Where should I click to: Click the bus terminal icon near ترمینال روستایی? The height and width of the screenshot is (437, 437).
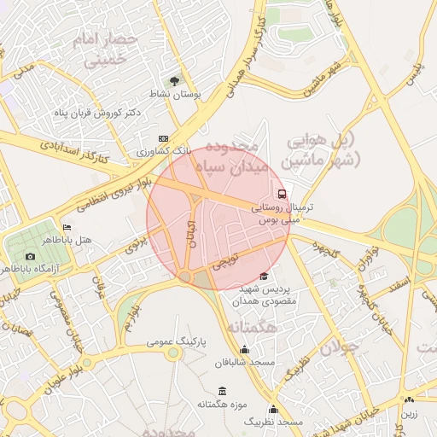tap(282, 193)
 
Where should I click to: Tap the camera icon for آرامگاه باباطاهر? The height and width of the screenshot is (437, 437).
tap(31, 256)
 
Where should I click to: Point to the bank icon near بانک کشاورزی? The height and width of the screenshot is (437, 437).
tap(164, 138)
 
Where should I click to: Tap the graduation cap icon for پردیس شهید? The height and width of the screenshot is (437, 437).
tap(263, 276)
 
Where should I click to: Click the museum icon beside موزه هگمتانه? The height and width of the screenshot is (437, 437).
tap(223, 390)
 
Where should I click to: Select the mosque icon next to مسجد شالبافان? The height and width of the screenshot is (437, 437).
tap(245, 349)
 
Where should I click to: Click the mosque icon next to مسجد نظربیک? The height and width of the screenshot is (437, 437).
tap(273, 409)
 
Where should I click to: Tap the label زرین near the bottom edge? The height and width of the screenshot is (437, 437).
tap(411, 412)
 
